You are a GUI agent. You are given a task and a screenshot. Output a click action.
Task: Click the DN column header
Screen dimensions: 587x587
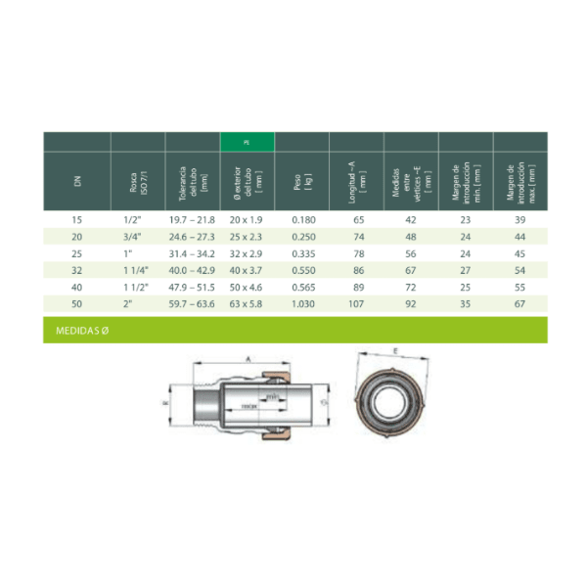click(x=78, y=180)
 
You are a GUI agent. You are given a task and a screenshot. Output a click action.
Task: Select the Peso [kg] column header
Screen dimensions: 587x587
click(x=303, y=180)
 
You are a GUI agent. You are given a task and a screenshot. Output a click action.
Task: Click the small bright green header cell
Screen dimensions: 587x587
click(x=248, y=142)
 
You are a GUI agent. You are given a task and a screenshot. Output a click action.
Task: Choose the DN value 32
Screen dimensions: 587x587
click(x=78, y=271)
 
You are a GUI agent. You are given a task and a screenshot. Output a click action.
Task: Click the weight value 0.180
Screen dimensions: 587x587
click(x=303, y=220)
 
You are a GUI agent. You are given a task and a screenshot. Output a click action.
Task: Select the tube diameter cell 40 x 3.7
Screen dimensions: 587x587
click(x=248, y=271)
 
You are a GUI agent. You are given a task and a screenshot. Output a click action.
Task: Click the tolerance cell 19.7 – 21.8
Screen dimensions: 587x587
click(x=191, y=220)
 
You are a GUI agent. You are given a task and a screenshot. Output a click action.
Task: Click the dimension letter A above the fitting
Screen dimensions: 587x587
click(x=248, y=359)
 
